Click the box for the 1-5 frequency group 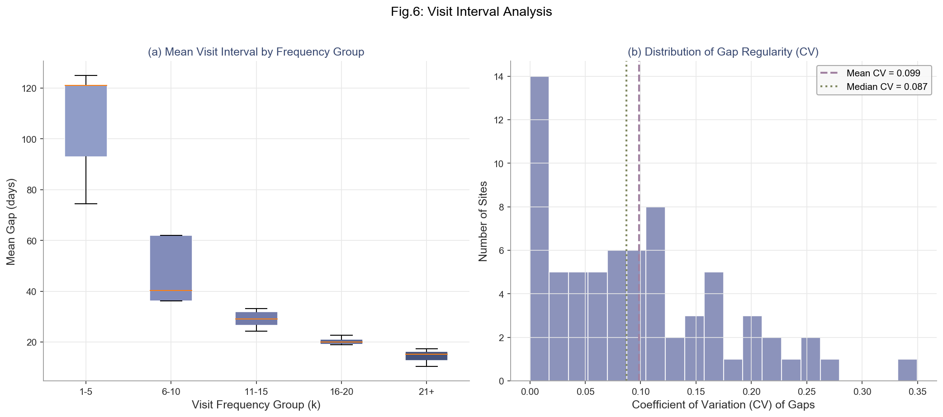[86, 121]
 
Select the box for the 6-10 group [171, 268]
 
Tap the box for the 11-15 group [256, 319]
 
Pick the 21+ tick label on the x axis [426, 392]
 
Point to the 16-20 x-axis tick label [341, 392]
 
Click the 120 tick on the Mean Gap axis [29, 89]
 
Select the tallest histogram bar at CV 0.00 [539, 229]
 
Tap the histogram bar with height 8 [655, 294]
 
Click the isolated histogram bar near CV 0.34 [907, 370]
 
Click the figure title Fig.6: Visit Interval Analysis [471, 12]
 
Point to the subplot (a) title [256, 52]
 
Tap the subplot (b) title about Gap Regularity [723, 52]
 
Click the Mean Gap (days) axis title [11, 221]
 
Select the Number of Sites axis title [483, 221]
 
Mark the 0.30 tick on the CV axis [862, 392]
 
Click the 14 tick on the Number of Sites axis [499, 77]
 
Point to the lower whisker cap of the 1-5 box [86, 204]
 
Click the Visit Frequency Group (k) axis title [256, 405]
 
